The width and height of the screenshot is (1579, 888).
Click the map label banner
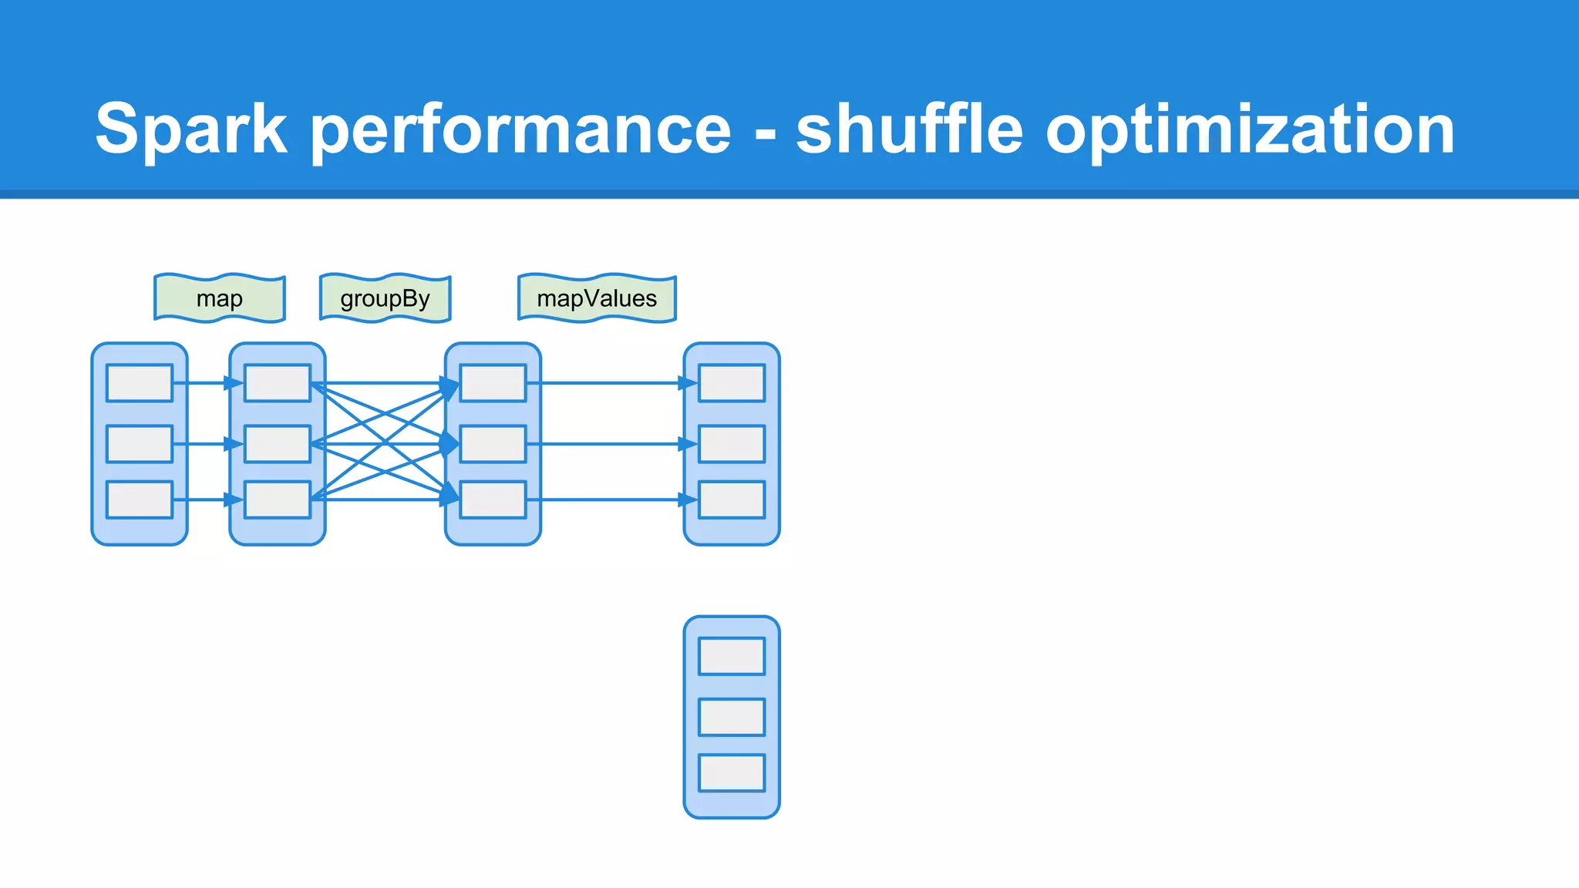pos(220,298)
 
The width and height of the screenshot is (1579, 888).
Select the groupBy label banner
pos(385,298)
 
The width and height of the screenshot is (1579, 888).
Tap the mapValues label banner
pos(597,298)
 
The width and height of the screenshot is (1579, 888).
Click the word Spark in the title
pos(191,129)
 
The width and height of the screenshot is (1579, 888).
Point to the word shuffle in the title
pos(909,129)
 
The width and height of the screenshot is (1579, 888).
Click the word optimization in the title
pos(1250,129)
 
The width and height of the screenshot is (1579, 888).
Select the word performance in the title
pos(520,129)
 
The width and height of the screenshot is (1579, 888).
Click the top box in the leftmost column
pos(140,383)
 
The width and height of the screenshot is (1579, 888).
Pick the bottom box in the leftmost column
pos(140,499)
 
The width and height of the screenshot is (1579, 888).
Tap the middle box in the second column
pos(278,444)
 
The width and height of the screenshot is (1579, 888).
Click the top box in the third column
pos(493,383)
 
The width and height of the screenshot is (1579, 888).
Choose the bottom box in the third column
pos(493,499)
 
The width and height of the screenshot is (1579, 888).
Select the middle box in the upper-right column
pos(732,444)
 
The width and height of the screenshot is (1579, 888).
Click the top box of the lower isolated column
pos(732,656)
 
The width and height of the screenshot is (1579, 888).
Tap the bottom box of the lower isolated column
pos(732,772)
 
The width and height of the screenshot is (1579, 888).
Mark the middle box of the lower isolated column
pos(732,717)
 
